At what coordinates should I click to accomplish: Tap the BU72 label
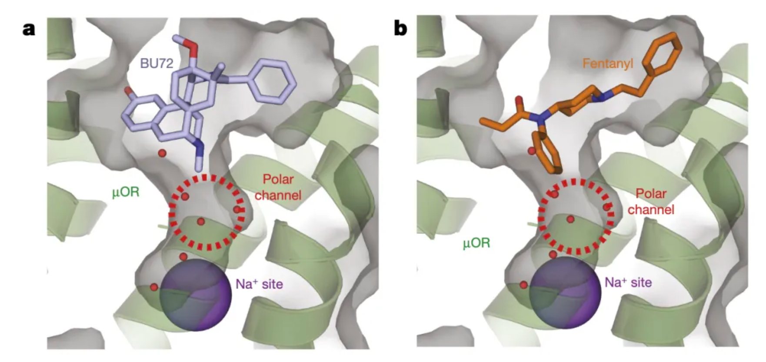(157, 64)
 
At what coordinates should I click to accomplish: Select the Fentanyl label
(608, 64)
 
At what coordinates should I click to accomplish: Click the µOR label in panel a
(126, 191)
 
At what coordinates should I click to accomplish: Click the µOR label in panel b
(476, 243)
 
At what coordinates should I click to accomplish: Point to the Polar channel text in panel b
(651, 201)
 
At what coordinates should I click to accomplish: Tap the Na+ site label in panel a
(259, 284)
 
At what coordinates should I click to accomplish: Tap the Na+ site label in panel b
(628, 282)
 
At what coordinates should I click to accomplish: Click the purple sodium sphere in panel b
(565, 292)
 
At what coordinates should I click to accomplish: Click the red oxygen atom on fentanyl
(519, 102)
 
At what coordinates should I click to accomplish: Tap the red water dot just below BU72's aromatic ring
(162, 153)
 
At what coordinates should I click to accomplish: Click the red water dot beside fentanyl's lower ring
(531, 151)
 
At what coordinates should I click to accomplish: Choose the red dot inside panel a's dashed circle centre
(200, 221)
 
